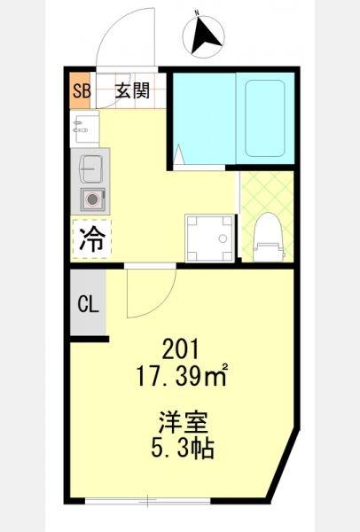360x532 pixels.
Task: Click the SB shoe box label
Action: pyautogui.click(x=82, y=90)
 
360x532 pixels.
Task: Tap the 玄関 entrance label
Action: pyautogui.click(x=132, y=90)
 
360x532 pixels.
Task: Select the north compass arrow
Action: pyautogui.click(x=205, y=36)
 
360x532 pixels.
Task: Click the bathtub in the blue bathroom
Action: pyautogui.click(x=264, y=118)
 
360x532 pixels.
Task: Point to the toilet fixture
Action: pyautogui.click(x=269, y=237)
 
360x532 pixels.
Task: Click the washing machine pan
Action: pyautogui.click(x=209, y=238)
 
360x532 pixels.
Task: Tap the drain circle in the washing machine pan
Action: pyautogui.click(x=223, y=239)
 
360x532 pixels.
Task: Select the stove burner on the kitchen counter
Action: pyautogui.click(x=92, y=199)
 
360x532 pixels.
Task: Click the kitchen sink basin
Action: pyautogui.click(x=91, y=169)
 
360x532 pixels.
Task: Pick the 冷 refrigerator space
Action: pyautogui.click(x=92, y=239)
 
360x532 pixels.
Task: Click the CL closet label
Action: pyautogui.click(x=88, y=303)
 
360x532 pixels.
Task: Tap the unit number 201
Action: pyautogui.click(x=180, y=349)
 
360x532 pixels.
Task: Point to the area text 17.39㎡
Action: pyautogui.click(x=181, y=376)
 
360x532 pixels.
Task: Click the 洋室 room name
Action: pyautogui.click(x=184, y=422)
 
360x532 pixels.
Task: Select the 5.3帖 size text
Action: pyautogui.click(x=182, y=448)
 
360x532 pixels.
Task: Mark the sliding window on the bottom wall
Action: pyautogui.click(x=147, y=500)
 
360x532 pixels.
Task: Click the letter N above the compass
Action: pyautogui.click(x=197, y=12)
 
